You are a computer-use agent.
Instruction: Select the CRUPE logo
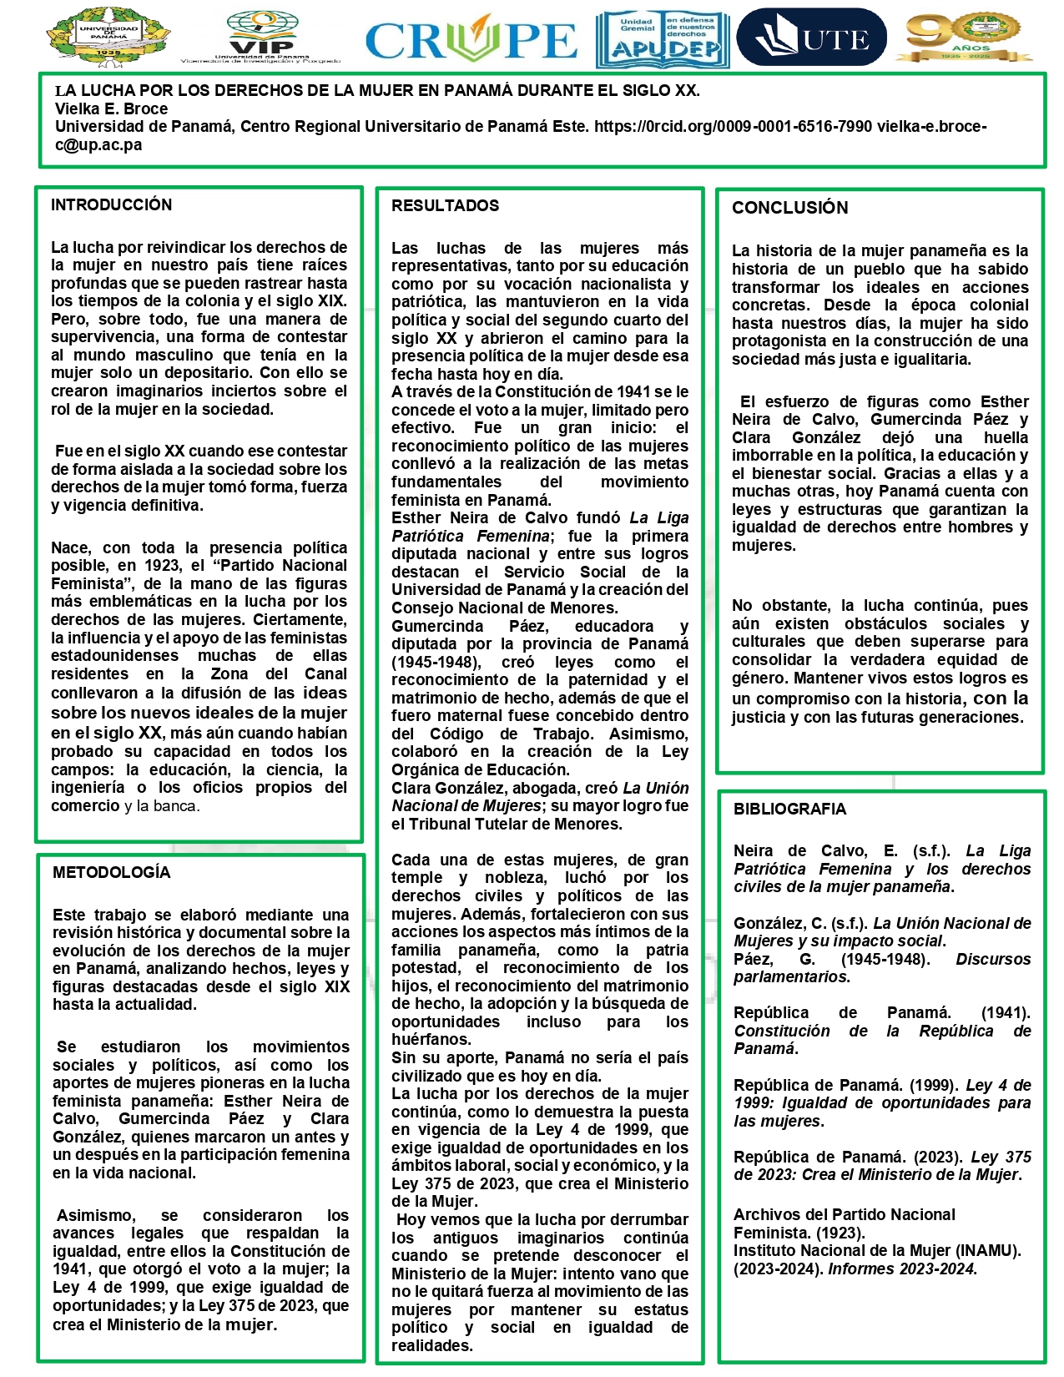471,39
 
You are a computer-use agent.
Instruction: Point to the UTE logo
812,38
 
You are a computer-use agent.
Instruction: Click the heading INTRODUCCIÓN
111,205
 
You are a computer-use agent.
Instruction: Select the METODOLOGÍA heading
111,873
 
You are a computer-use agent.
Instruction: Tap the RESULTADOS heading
445,206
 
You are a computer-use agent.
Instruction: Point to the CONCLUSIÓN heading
789,208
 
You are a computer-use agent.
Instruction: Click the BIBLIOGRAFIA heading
789,809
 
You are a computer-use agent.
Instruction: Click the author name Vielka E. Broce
111,108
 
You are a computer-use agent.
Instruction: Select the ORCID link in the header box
733,127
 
